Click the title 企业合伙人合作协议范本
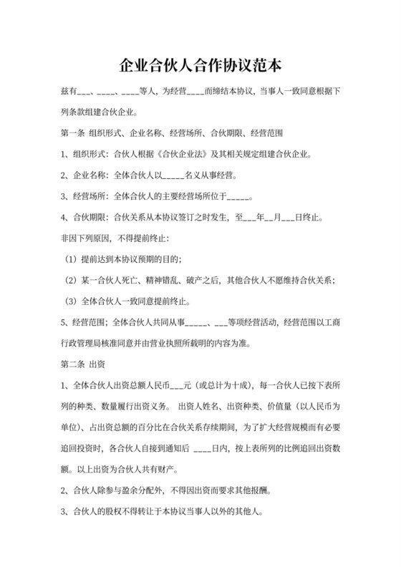(x=200, y=65)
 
